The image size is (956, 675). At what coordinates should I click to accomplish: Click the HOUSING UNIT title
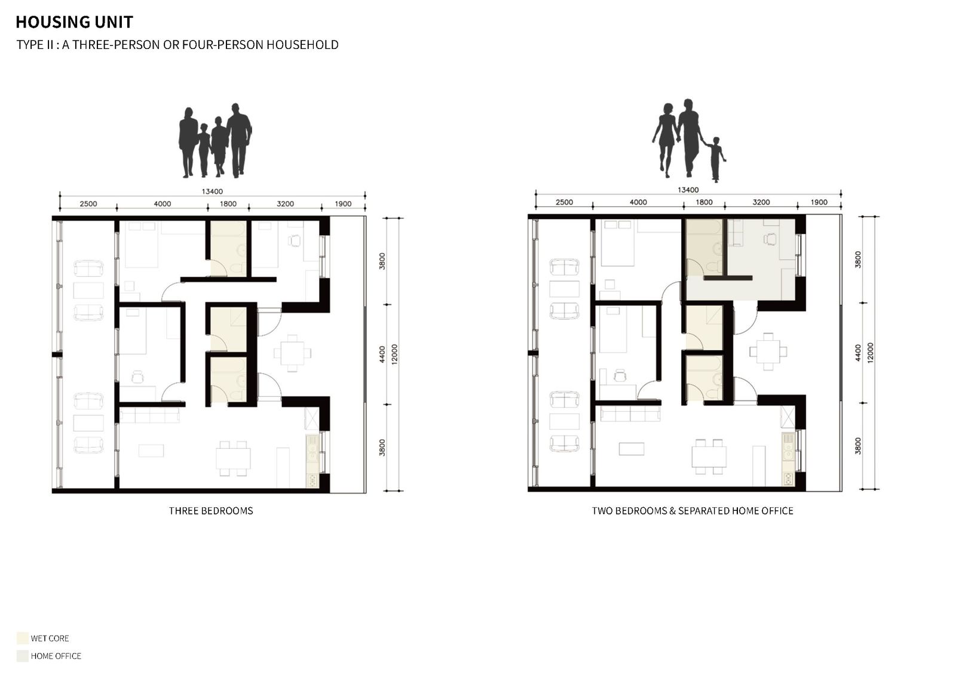pos(74,22)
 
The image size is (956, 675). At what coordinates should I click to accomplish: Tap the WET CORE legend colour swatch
pos(23,638)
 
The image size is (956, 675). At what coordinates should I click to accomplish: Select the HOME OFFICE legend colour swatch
pos(23,656)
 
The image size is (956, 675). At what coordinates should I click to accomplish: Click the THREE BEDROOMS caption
pos(211,511)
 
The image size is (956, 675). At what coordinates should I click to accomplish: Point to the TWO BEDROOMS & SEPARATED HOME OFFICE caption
pos(693,511)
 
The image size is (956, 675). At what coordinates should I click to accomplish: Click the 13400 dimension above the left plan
pos(212,192)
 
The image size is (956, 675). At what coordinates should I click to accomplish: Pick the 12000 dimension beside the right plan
pos(871,353)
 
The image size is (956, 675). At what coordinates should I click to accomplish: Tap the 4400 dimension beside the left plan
pos(382,355)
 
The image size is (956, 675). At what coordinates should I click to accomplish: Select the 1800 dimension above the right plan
pos(704,202)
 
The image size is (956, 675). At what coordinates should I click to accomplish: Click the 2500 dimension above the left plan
pos(88,204)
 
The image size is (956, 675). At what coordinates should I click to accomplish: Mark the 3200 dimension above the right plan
pos(761,202)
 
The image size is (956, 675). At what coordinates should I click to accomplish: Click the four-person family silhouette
pos(215,141)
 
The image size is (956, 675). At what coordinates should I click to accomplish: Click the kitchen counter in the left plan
pos(313,461)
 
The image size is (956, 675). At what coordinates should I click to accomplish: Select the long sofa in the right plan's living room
pos(630,414)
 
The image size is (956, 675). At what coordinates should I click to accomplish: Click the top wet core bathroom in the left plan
pos(228,249)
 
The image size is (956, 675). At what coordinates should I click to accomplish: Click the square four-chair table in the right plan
pos(768,352)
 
